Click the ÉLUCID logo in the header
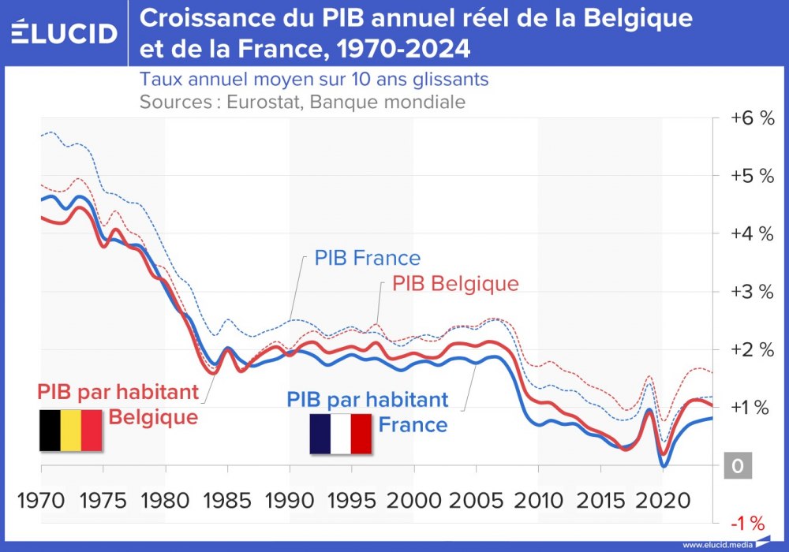[x=65, y=32]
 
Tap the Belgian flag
[x=70, y=431]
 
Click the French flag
[x=340, y=434]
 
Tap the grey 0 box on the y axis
[x=738, y=465]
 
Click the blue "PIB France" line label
[x=367, y=258]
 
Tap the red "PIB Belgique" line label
[x=455, y=284]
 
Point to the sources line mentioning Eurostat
[x=302, y=102]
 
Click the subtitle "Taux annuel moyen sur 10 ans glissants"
[x=314, y=80]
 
